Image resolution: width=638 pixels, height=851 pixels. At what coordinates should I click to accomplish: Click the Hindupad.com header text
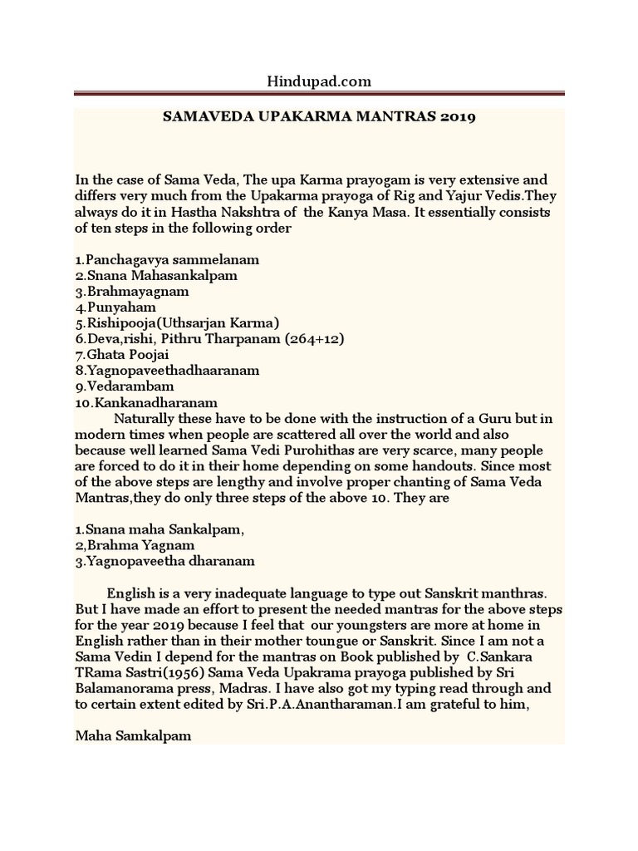pyautogui.click(x=318, y=81)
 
